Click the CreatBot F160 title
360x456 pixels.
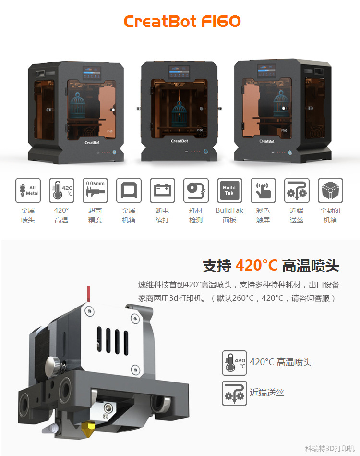pos(182,21)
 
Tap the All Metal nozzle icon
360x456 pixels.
pos(28,190)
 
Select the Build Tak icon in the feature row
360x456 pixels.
pos(229,190)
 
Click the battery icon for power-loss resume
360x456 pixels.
pos(162,190)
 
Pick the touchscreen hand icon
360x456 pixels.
pos(263,190)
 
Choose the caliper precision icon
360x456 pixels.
pos(95,190)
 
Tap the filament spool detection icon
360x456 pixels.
pos(196,190)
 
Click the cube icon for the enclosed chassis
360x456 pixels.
pos(330,190)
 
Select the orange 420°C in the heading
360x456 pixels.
pos(256,265)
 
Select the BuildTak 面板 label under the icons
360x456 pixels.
pos(229,215)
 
